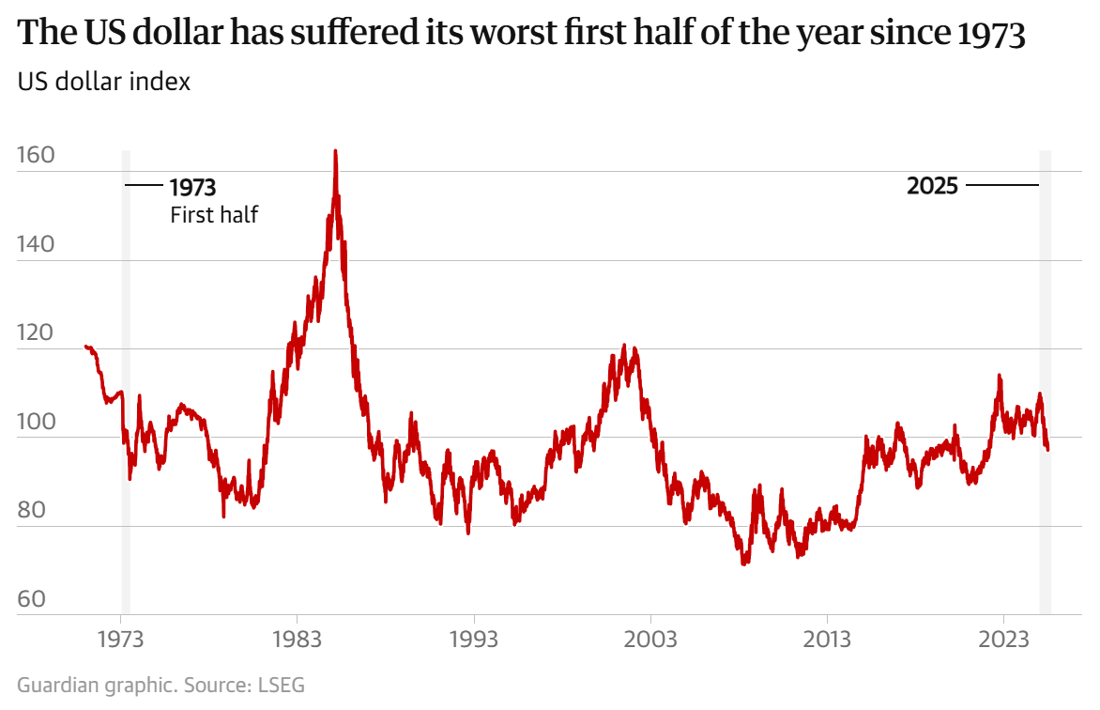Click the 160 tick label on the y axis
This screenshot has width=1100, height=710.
tap(38, 156)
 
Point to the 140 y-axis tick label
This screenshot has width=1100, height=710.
tap(38, 244)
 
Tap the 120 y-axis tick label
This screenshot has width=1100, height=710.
tap(38, 333)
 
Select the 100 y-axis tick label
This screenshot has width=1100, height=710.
tap(38, 422)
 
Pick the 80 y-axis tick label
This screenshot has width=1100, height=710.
tap(38, 511)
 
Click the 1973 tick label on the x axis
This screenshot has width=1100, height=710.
tap(120, 640)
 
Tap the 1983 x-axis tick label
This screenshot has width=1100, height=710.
tap(297, 640)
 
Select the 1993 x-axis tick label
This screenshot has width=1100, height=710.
tap(473, 640)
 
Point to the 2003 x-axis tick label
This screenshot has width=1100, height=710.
tap(649, 640)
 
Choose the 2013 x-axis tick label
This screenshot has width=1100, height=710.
tap(826, 640)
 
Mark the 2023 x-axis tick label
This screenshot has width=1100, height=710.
tap(1002, 640)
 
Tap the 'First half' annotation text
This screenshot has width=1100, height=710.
tap(214, 214)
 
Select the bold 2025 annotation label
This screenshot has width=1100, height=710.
tap(932, 186)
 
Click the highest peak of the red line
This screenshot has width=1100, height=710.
tap(335, 151)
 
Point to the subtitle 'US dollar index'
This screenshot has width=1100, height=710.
tap(104, 82)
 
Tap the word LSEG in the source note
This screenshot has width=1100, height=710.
tap(282, 685)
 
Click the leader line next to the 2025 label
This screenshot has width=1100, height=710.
tap(1001, 186)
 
